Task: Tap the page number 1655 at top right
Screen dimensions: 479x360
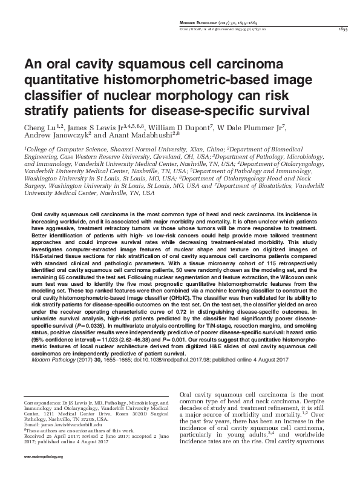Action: pyautogui.click(x=340, y=28)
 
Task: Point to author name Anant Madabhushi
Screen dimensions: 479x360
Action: pyautogui.click(x=133, y=136)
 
